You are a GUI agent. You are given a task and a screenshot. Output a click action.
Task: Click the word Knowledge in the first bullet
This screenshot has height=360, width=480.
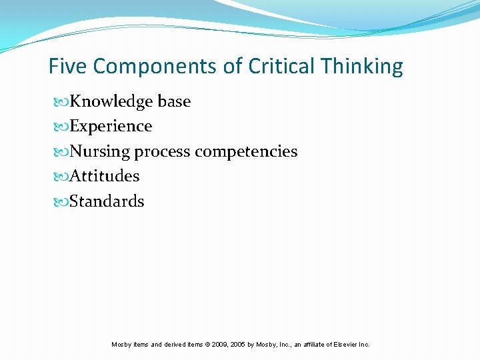111,101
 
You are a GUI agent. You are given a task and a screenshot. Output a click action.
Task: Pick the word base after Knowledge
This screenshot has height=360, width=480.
174,101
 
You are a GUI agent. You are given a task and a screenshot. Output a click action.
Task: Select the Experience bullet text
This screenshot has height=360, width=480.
111,126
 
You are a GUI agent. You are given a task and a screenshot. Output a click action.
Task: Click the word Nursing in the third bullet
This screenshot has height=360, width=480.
100,151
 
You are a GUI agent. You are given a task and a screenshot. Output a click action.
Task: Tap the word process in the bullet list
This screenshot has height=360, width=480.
163,152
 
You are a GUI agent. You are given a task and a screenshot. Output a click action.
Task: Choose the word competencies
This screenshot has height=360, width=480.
246,152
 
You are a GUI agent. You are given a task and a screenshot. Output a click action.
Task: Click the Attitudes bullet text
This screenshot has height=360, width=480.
105,176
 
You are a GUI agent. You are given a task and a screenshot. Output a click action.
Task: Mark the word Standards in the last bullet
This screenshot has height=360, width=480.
107,201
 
